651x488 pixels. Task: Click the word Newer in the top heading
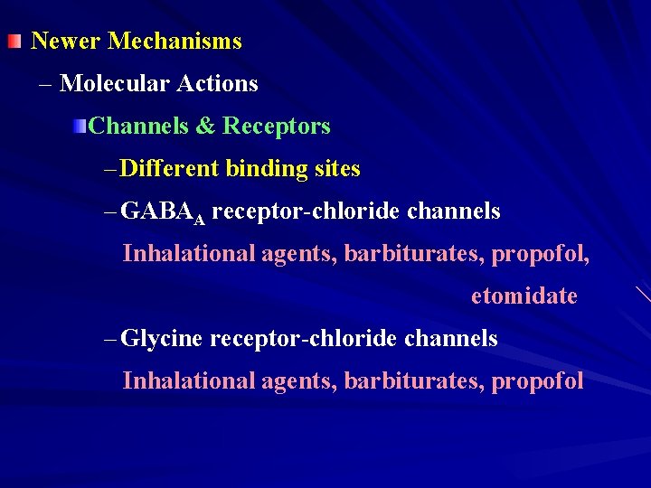point(66,42)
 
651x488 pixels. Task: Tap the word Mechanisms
point(175,42)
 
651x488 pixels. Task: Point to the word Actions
point(217,84)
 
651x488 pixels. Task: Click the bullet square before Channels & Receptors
point(81,126)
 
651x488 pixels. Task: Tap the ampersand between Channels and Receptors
point(204,127)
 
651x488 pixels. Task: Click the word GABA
point(157,211)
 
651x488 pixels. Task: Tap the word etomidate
point(524,296)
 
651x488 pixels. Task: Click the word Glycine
point(161,339)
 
